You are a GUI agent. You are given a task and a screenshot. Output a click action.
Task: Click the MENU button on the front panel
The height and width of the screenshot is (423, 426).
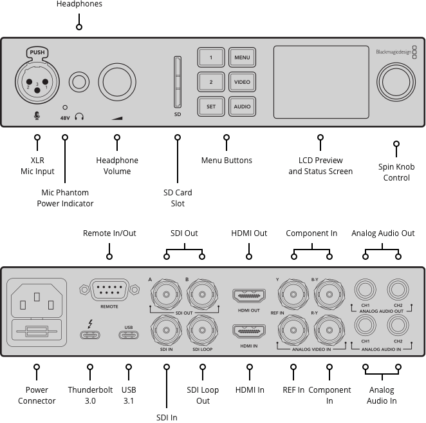pyautogui.click(x=242, y=58)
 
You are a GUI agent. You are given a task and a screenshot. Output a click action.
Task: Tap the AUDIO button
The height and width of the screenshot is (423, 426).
pyautogui.click(x=242, y=106)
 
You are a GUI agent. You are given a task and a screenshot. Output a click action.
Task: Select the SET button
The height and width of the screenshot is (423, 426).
pyautogui.click(x=210, y=106)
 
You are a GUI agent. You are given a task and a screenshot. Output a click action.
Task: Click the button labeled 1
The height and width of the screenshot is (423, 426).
pyautogui.click(x=210, y=58)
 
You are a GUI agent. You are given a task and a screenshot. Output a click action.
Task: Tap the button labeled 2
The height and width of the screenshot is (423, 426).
pyautogui.click(x=210, y=83)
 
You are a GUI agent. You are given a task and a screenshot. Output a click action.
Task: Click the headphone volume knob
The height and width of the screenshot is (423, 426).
pyautogui.click(x=116, y=83)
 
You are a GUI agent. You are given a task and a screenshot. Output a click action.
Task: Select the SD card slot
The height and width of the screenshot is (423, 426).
pyautogui.click(x=178, y=82)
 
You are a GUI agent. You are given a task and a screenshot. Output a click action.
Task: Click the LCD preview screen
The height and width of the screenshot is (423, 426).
pyautogui.click(x=320, y=83)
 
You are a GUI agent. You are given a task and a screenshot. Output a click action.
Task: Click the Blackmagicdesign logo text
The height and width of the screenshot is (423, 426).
pyautogui.click(x=393, y=52)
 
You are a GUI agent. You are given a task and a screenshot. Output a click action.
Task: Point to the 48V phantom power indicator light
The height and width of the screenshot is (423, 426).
pyautogui.click(x=64, y=107)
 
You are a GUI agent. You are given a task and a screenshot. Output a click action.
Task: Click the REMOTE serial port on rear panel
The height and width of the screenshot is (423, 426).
pyautogui.click(x=109, y=291)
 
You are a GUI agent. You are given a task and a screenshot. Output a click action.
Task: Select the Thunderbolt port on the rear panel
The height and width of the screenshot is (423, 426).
pyautogui.click(x=90, y=334)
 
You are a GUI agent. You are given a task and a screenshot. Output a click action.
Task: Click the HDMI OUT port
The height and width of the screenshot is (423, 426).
pyautogui.click(x=249, y=297)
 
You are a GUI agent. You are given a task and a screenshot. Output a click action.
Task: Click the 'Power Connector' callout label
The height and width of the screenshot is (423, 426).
pyautogui.click(x=37, y=395)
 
